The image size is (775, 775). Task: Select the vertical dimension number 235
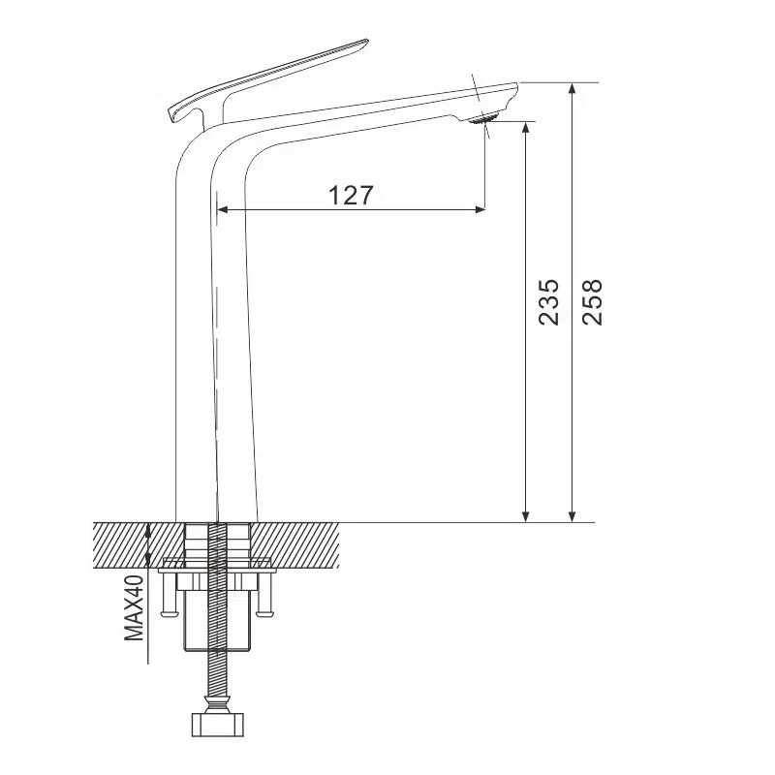(x=548, y=301)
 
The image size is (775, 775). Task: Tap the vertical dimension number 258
(x=592, y=301)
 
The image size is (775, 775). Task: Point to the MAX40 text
(x=134, y=606)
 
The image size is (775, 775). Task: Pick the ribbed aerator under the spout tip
(x=484, y=119)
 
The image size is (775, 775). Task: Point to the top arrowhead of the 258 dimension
(x=573, y=90)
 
